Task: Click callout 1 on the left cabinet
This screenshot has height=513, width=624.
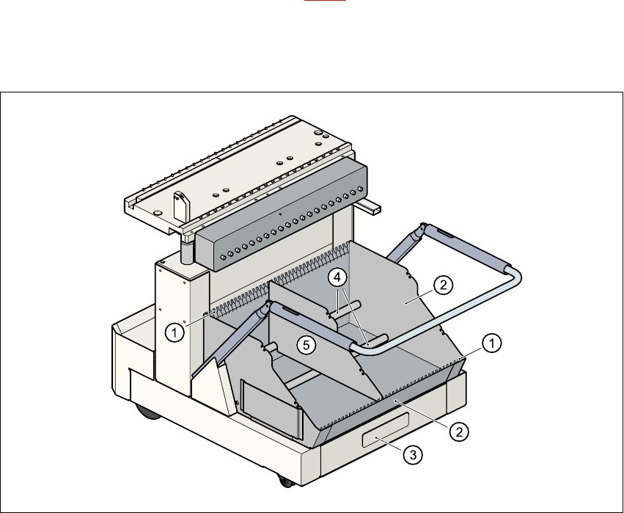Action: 174,332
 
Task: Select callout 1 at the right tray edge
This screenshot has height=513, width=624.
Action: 493,342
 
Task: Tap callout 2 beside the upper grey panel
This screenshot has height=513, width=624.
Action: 441,285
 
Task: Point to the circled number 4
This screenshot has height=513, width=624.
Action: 337,278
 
